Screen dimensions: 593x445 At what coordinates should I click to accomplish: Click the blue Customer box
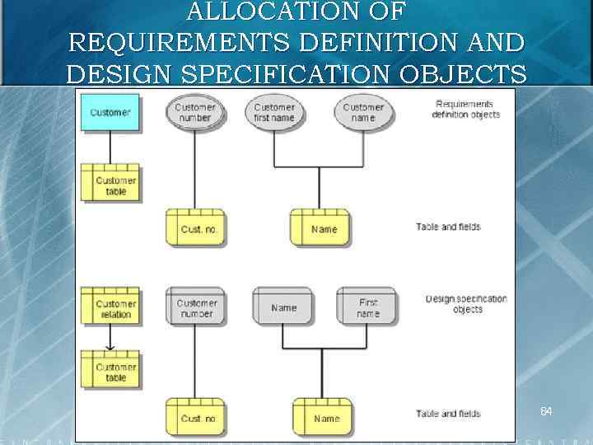pos(110,113)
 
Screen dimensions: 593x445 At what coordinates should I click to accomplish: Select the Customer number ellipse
pos(194,112)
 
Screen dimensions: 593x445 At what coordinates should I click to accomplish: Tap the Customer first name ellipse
pos(274,112)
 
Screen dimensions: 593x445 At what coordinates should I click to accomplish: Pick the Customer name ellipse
pos(363,112)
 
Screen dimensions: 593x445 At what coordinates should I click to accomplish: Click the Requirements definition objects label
pos(465,110)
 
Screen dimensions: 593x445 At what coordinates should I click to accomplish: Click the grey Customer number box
pos(195,307)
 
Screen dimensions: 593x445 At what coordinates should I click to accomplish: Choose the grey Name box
pos(283,307)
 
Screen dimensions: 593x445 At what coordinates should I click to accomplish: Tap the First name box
pos(367,307)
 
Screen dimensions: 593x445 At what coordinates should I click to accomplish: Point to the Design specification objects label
pos(466,304)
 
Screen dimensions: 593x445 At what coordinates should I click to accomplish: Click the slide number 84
pos(545,410)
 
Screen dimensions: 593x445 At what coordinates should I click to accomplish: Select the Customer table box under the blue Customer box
pos(110,185)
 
